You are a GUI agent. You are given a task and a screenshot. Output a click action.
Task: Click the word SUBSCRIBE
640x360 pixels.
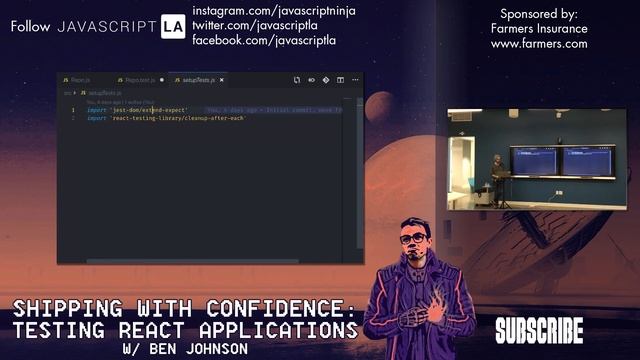pos(538,330)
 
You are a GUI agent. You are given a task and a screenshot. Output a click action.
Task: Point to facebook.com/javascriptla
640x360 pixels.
pos(263,41)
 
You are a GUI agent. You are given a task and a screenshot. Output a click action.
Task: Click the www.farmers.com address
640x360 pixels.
pos(539,44)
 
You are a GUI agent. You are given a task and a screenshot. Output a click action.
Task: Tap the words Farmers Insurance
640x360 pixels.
pos(539,29)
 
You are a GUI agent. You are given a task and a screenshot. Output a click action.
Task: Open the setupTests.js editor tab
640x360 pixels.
pos(197,79)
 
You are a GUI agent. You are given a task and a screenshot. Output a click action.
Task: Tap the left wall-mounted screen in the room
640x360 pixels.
pos(533,160)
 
